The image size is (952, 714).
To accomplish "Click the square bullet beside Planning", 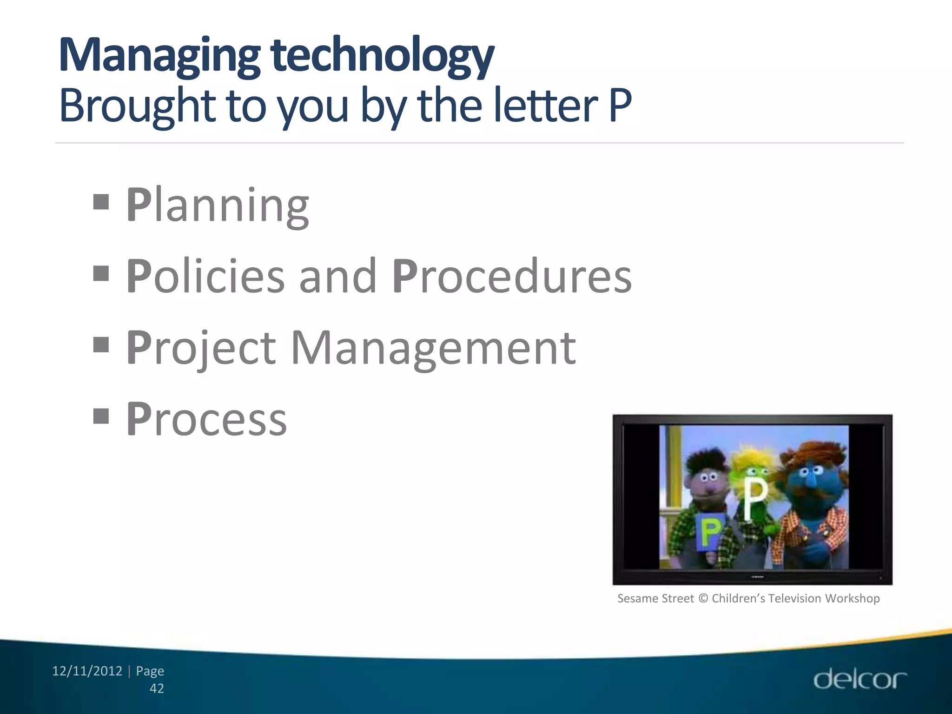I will pyautogui.click(x=101, y=202).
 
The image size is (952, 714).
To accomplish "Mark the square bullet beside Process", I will pyautogui.click(x=101, y=416).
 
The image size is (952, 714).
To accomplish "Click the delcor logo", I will pyautogui.click(x=860, y=679).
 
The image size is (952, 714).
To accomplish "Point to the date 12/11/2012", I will pyautogui.click(x=87, y=671).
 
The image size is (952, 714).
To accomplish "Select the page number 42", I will pyautogui.click(x=157, y=688).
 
